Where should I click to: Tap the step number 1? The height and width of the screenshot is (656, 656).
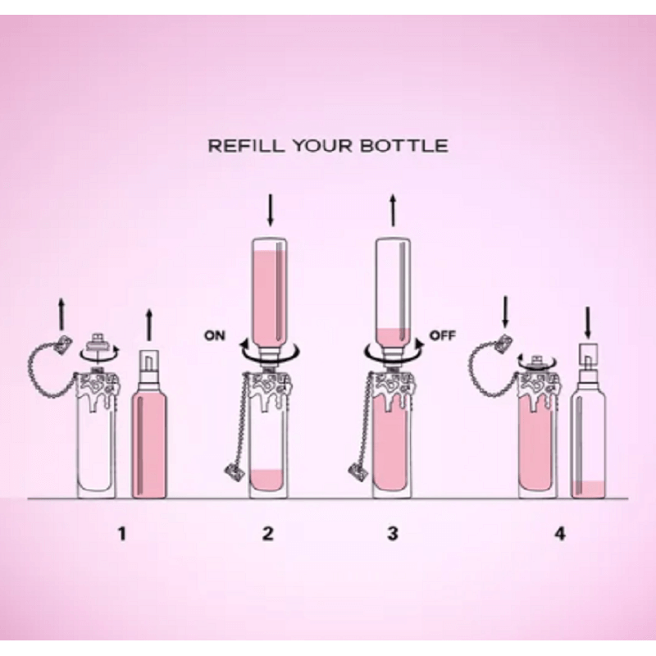121,534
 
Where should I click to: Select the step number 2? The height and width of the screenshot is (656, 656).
268,534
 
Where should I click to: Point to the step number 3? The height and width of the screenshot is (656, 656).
393,534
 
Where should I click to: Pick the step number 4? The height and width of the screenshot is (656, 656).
560,534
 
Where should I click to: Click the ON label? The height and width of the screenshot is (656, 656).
215,335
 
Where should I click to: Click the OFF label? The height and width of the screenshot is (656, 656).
443,335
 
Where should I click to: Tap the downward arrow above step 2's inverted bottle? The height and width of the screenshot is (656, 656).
271,209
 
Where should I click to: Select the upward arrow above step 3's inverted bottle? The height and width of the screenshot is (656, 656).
393,210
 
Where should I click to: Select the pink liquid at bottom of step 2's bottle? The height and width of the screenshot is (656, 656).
268,481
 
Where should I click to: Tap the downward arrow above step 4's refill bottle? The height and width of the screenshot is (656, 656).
588,323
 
